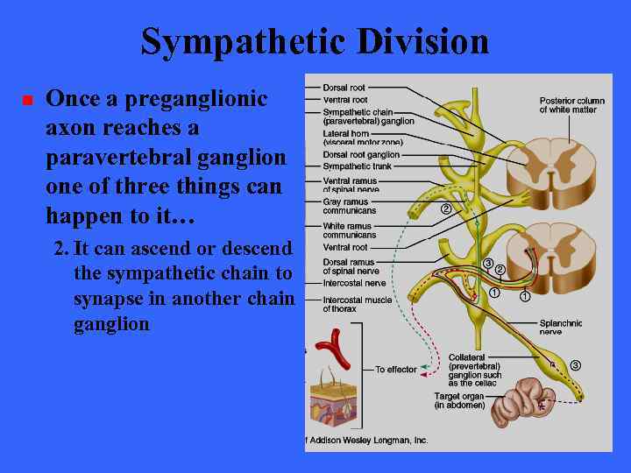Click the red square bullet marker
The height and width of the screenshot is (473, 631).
click(x=26, y=102)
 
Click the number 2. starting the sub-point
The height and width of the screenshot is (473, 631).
click(x=61, y=248)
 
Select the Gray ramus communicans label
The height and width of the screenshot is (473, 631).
click(x=350, y=206)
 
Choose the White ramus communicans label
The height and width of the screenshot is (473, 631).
click(x=351, y=230)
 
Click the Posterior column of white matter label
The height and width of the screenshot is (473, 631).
click(x=571, y=105)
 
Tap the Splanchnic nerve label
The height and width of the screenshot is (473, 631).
click(x=562, y=328)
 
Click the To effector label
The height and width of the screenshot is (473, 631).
click(x=396, y=370)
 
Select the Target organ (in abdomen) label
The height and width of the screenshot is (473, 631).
click(x=459, y=400)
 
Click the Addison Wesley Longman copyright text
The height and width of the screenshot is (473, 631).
click(x=368, y=440)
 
